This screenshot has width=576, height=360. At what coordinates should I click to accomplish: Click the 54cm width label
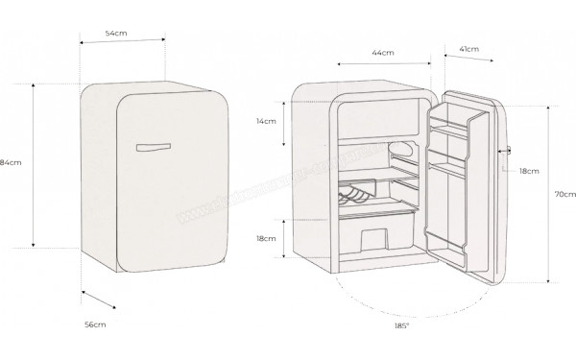click(116, 33)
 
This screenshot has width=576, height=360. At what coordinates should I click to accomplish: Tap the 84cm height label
click(11, 162)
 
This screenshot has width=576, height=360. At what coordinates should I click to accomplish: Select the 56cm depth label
click(94, 325)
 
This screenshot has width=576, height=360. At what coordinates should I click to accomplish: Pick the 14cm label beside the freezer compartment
click(266, 122)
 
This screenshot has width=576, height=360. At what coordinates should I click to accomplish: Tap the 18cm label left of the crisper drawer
click(266, 237)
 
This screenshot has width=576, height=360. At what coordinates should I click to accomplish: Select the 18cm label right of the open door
click(528, 170)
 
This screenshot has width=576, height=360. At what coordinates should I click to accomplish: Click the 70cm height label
click(564, 193)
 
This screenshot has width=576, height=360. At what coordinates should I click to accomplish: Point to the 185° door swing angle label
click(401, 326)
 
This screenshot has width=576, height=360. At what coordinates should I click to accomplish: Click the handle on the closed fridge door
click(153, 147)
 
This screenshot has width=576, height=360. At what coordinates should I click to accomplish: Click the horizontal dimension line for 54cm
click(122, 43)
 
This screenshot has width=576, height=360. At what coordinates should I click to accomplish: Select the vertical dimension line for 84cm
click(35, 164)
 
